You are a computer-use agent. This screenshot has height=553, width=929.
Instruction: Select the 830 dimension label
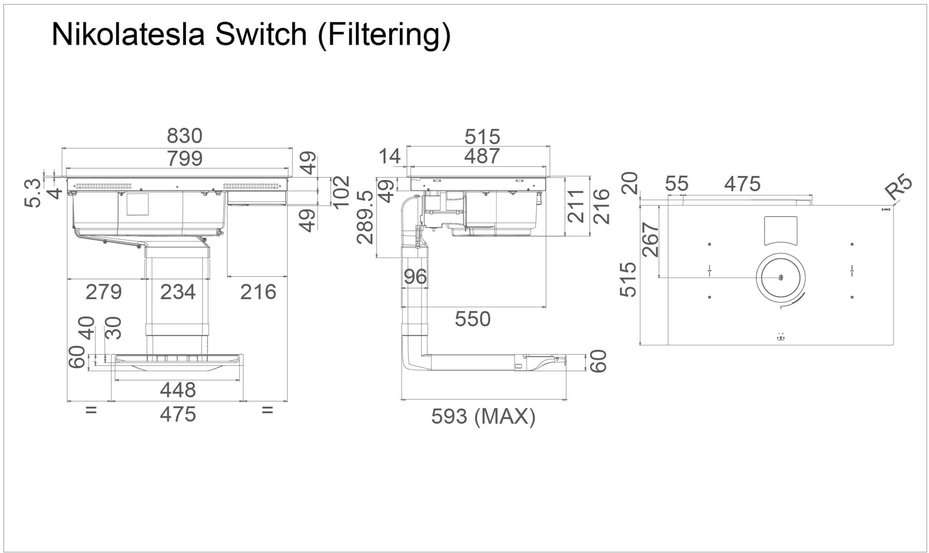coord(184,136)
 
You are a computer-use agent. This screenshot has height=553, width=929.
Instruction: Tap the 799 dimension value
coord(184,158)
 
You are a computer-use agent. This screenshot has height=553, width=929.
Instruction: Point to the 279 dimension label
coord(103,292)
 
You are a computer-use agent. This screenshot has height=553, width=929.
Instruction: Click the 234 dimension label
coord(178,292)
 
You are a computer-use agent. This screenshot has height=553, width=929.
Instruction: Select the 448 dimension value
coord(178,390)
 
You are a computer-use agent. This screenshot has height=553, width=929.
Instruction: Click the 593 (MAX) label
coord(483,416)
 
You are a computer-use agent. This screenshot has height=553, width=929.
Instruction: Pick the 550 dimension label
coord(472,319)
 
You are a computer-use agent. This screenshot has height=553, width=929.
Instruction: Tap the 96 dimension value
coord(415,276)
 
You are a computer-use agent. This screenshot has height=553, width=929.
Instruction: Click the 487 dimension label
coord(482,156)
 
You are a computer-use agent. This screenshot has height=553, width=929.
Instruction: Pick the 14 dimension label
coord(389,156)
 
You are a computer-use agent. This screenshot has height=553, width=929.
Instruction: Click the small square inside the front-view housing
coord(137,204)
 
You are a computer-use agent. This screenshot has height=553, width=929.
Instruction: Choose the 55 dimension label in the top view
coord(676,184)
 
